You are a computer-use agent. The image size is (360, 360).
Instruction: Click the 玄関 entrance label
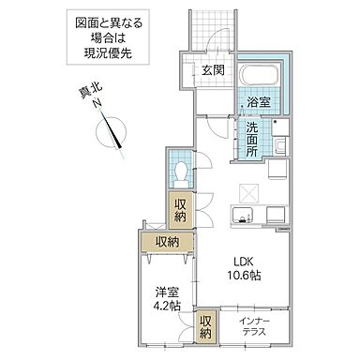[x=212, y=70]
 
